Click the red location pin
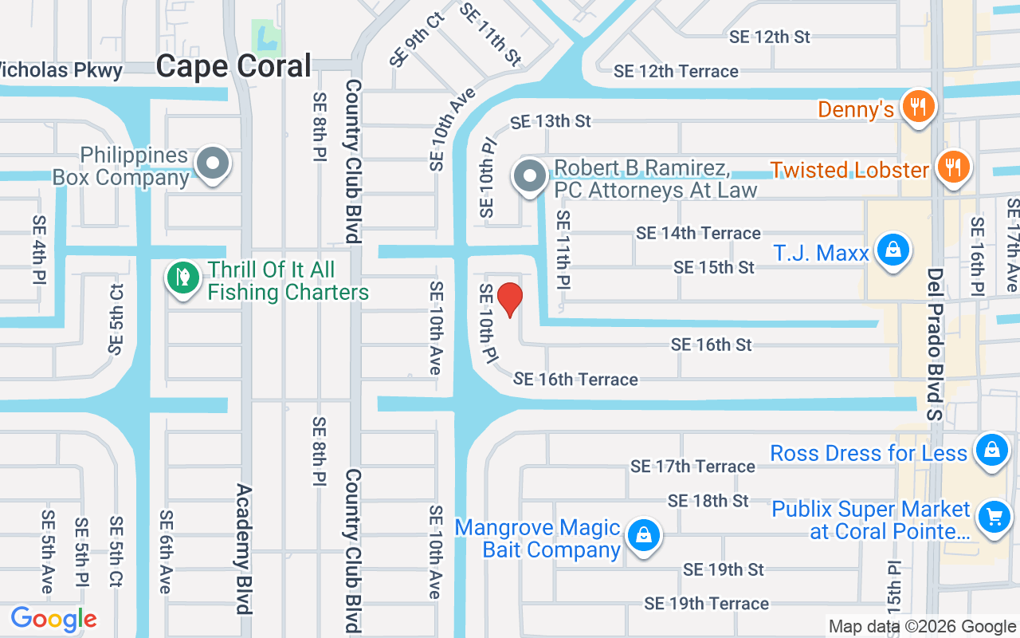pyautogui.click(x=509, y=299)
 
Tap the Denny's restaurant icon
pyautogui.click(x=918, y=106)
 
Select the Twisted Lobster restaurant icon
pyautogui.click(x=951, y=167)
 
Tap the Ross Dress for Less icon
pyautogui.click(x=992, y=450)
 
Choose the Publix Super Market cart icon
pyautogui.click(x=993, y=518)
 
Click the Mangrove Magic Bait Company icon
pyautogui.click(x=643, y=536)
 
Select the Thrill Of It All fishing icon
pyautogui.click(x=183, y=278)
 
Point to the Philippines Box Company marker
pyautogui.click(x=213, y=163)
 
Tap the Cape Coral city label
pyautogui.click(x=233, y=66)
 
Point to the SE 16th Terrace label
pyautogui.click(x=575, y=380)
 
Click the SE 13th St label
pyautogui.click(x=551, y=121)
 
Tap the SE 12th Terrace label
pyautogui.click(x=676, y=72)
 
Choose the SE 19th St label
pyautogui.click(x=724, y=569)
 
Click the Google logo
pyautogui.click(x=53, y=619)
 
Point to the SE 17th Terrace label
pyautogui.click(x=692, y=467)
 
